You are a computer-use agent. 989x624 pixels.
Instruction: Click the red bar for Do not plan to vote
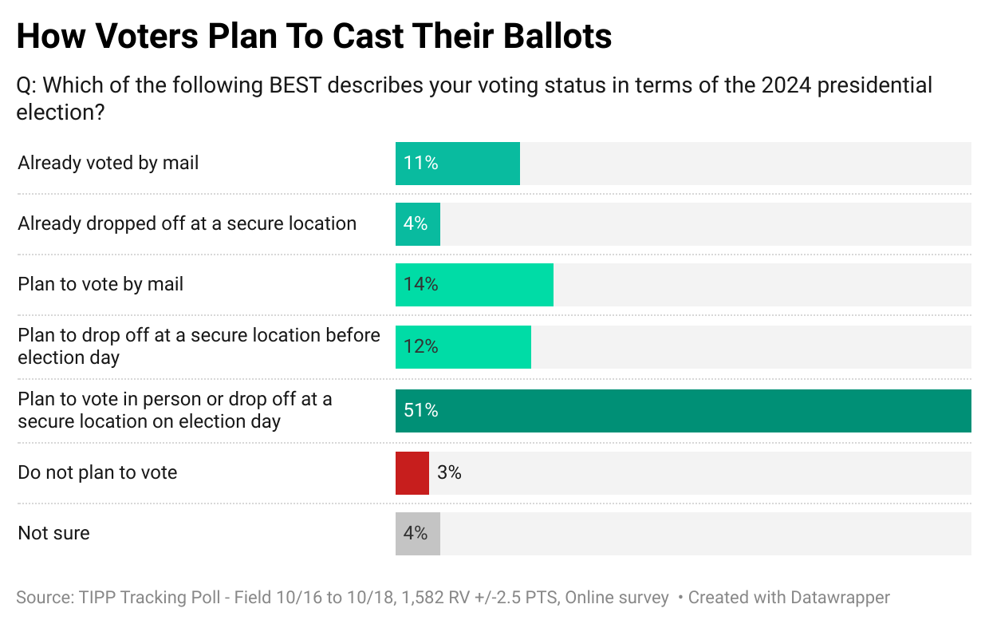[x=412, y=473]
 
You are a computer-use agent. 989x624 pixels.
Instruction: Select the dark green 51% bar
[x=683, y=411]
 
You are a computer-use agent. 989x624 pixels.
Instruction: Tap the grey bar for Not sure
[x=417, y=534]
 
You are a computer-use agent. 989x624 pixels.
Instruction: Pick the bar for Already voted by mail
[x=457, y=164]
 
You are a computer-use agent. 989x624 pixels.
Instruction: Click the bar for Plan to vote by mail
[x=474, y=285]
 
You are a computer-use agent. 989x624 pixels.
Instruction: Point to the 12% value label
[x=420, y=347]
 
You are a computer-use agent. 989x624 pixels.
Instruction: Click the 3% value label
[x=449, y=473]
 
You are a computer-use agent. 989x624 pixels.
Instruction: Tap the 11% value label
[x=420, y=164]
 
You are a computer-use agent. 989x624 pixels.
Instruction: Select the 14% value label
[x=420, y=285]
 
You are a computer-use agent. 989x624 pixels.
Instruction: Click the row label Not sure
[x=53, y=533]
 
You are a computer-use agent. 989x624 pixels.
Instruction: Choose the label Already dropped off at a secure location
[x=187, y=223]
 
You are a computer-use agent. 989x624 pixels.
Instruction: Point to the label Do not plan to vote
[x=97, y=472]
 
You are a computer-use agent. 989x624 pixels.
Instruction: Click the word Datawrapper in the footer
[x=840, y=597]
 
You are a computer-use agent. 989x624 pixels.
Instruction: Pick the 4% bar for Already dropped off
[x=417, y=224]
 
